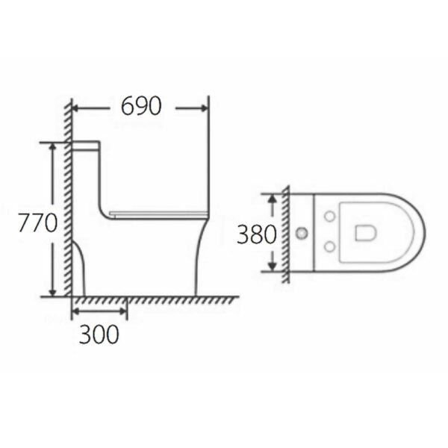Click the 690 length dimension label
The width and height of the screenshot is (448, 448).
[141, 107]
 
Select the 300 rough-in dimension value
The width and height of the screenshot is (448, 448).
[99, 335]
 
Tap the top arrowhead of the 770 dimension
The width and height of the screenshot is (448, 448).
[53, 148]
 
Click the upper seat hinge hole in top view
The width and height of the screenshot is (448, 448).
[329, 217]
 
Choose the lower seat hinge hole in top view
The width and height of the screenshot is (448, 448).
[329, 249]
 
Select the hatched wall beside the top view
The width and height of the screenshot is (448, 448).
[286, 233]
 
